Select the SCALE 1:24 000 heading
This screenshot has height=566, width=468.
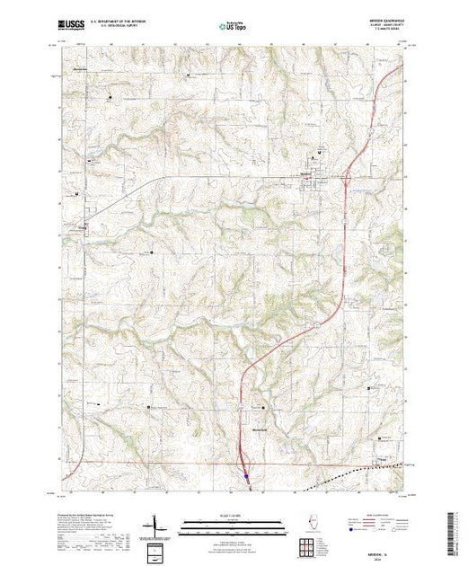click(x=234, y=517)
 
